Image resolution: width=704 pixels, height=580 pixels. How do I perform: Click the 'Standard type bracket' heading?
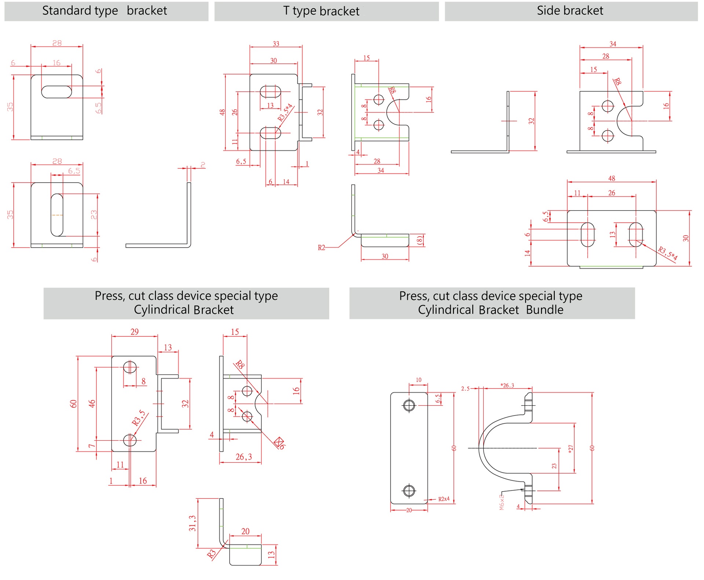click(104, 11)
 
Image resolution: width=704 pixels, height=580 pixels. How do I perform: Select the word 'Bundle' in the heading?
click(544, 310)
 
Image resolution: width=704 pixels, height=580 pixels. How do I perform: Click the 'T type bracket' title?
click(321, 11)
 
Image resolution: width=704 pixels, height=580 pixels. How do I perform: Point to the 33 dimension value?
click(276, 44)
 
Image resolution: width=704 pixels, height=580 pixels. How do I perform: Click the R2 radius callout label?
click(321, 248)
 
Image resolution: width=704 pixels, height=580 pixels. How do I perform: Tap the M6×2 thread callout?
click(502, 501)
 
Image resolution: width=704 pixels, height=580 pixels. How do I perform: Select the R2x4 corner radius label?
click(444, 499)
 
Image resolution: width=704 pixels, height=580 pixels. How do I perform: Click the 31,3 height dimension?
click(192, 523)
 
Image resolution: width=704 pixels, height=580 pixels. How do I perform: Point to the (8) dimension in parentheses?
click(420, 241)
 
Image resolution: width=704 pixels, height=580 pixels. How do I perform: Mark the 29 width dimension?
click(135, 332)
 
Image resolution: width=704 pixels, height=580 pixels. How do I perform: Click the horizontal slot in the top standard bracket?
click(56, 92)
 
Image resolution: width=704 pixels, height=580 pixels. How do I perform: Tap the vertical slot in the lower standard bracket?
click(57, 215)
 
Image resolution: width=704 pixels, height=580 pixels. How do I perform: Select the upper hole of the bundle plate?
click(409, 405)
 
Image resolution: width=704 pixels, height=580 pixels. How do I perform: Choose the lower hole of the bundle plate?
click(409, 490)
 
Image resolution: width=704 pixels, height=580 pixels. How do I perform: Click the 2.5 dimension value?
click(465, 389)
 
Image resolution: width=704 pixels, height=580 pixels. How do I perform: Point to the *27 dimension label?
click(570, 449)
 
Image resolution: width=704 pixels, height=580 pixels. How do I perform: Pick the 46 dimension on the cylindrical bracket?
click(92, 403)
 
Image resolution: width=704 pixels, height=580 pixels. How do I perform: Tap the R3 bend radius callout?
click(211, 554)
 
